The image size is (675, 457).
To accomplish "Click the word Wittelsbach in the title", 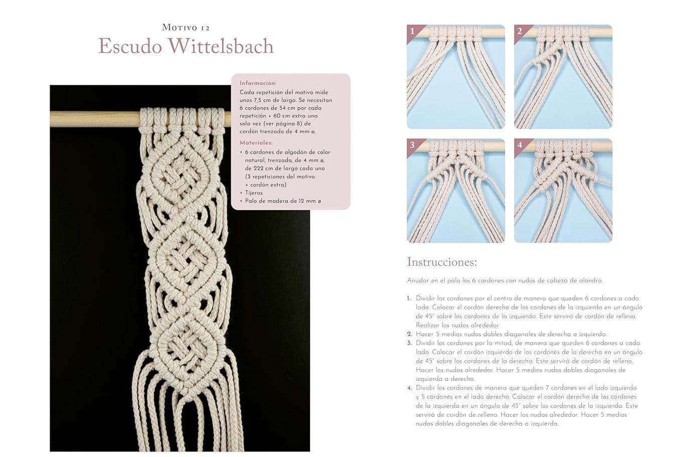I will coord(221,46).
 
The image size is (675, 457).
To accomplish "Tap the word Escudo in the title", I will coord(130,46).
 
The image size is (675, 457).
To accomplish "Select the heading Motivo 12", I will coord(186,28).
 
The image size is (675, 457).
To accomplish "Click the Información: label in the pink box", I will coord(258,83).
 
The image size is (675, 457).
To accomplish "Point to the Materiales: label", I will coord(256,143).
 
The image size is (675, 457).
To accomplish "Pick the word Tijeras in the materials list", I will coord(254,193).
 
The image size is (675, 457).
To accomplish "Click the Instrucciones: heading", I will coord(442,262).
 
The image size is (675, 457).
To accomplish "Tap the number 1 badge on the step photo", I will coord(413,31).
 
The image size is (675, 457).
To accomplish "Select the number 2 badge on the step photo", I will coord(520,31).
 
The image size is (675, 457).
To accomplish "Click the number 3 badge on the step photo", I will coord(413,145).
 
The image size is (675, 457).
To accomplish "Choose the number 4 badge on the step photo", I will coord(520,145).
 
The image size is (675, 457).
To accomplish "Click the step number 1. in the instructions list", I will coord(409,298).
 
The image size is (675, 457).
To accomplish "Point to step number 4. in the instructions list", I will coord(409,388).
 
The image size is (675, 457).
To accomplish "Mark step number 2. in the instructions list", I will coord(409,334).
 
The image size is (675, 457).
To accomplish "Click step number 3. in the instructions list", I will coord(409,343).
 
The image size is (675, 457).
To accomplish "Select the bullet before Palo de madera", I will coord(241,201).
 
